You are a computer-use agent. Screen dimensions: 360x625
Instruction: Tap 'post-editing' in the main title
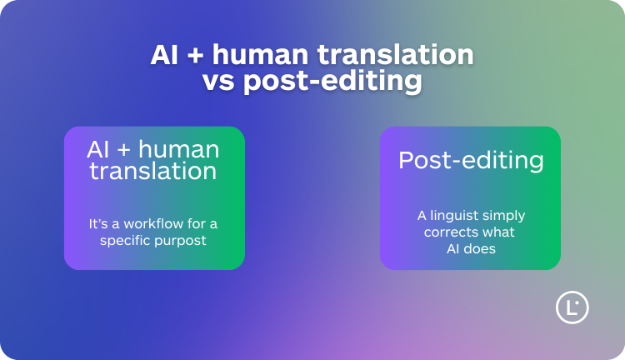(332, 82)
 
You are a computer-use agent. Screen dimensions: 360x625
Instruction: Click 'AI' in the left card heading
(100, 150)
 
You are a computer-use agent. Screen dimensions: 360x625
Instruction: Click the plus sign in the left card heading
(125, 151)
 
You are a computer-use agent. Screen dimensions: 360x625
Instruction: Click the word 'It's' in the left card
(98, 223)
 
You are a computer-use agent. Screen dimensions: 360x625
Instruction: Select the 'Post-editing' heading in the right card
(470, 160)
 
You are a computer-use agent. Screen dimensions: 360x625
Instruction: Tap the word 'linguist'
(455, 215)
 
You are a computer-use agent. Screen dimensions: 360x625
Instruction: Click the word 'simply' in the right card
(504, 216)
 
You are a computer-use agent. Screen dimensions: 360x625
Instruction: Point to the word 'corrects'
(450, 232)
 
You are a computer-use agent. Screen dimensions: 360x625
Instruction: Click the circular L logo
(572, 307)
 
